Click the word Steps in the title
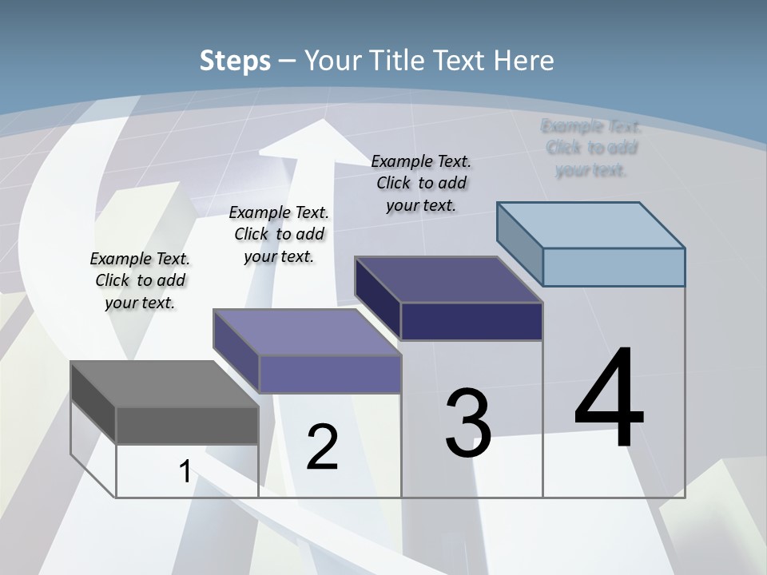tap(235, 61)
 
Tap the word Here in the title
tap(521, 61)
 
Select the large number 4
tap(609, 399)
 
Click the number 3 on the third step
tap(468, 423)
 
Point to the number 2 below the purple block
tap(322, 447)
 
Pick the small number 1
tap(185, 472)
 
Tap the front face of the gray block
tap(187, 425)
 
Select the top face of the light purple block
tap(308, 331)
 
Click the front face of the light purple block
tap(330, 374)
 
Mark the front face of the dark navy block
tap(471, 321)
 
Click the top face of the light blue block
tap(591, 225)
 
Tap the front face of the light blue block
tap(614, 267)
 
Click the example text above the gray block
tap(140, 280)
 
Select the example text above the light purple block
tap(279, 234)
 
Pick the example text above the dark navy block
tap(421, 183)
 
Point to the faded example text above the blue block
tap(591, 148)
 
